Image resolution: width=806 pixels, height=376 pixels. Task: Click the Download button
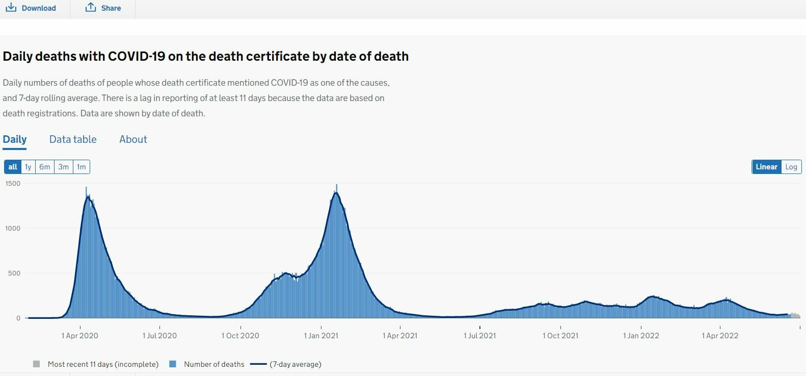[31, 8]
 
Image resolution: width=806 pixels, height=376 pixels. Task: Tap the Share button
[103, 8]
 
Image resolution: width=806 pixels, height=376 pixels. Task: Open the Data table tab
[73, 139]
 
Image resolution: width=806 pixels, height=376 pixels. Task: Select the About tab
[133, 139]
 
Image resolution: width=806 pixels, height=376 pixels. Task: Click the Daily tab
[14, 139]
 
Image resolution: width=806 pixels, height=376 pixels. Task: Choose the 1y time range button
[28, 167]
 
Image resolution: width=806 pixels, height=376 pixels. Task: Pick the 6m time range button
[45, 167]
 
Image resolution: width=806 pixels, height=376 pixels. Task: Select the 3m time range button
[63, 167]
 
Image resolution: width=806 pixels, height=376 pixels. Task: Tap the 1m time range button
[82, 167]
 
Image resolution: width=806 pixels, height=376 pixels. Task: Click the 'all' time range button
[13, 167]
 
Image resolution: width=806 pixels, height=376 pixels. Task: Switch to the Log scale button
[791, 167]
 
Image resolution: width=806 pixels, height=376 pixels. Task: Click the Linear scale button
[766, 167]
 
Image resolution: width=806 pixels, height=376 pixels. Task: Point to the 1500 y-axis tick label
[13, 183]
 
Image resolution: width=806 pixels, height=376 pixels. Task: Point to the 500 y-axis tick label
[14, 273]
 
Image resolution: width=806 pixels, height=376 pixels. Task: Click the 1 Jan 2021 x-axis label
[321, 336]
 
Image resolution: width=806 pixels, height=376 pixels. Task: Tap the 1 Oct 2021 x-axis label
[560, 336]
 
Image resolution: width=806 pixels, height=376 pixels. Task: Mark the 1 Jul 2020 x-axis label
[159, 336]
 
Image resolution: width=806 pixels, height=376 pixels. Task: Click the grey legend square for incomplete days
[36, 364]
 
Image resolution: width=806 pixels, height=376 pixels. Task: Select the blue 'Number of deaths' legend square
[173, 364]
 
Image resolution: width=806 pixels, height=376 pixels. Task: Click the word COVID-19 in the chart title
[137, 56]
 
